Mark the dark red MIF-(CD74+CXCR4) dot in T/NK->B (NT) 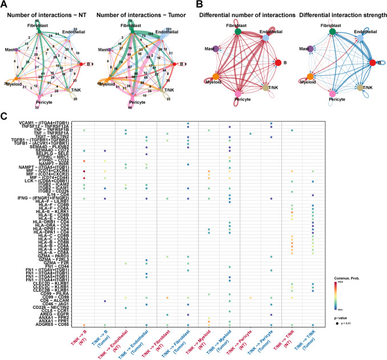84,171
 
